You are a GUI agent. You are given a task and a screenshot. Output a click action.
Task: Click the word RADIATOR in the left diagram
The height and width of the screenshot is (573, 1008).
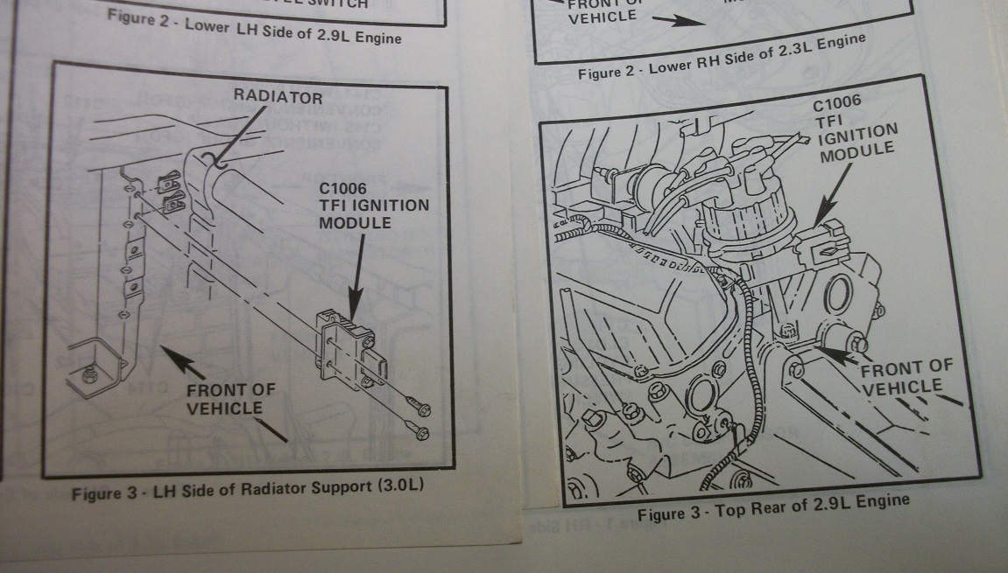(x=277, y=97)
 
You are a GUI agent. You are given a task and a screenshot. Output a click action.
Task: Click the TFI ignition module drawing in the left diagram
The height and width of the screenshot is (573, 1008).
(x=345, y=349)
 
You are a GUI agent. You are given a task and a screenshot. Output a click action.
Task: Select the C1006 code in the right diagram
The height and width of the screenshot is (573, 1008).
(x=836, y=101)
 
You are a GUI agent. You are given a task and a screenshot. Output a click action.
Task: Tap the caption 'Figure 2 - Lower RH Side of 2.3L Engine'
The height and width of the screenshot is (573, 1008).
(x=721, y=56)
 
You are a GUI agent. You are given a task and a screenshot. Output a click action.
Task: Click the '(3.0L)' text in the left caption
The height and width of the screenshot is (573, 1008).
(x=399, y=484)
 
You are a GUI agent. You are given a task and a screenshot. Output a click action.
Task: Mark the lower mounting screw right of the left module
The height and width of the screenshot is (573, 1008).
(x=419, y=431)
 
